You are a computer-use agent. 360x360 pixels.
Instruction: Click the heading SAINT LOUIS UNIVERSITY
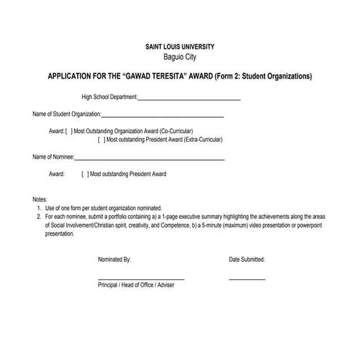click(180, 47)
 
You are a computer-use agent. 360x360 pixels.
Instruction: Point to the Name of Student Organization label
click(66, 115)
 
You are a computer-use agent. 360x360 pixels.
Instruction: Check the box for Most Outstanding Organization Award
click(68, 131)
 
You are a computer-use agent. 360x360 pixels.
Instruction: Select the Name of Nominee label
click(53, 157)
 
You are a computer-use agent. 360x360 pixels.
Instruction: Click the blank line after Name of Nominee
click(149, 159)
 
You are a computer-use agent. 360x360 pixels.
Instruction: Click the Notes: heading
click(40, 199)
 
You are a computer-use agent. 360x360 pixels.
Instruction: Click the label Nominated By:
click(114, 260)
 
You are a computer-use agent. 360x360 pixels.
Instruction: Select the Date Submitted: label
click(247, 260)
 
